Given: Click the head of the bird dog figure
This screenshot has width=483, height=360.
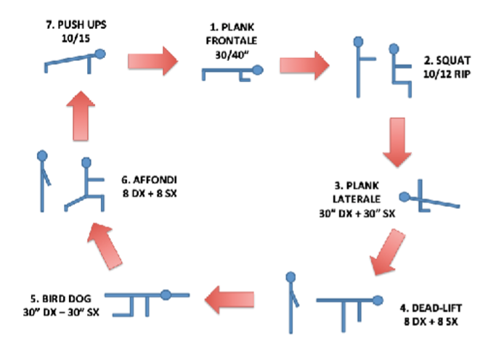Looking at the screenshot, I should click(166, 295).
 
